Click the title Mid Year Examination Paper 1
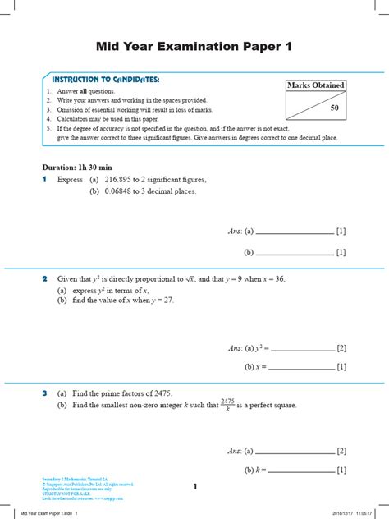point(194,47)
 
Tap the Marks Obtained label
point(315,85)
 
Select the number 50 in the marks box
point(334,108)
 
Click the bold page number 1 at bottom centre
point(194,487)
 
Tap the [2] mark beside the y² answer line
point(341,348)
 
